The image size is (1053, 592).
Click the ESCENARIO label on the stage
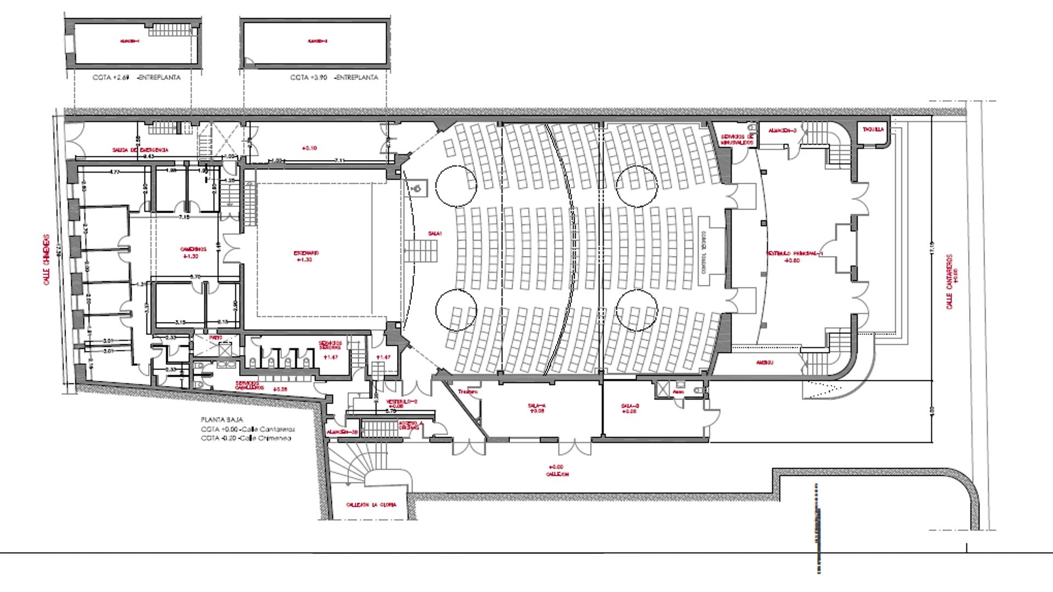306,253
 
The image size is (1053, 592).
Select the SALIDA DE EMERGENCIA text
140,150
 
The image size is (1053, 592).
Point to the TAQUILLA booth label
873,130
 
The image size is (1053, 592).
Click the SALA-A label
536,406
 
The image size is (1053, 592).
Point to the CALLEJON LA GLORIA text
371,504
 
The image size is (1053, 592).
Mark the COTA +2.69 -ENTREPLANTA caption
137,78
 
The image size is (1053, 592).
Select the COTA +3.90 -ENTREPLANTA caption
334,78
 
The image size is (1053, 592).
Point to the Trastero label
468,392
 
